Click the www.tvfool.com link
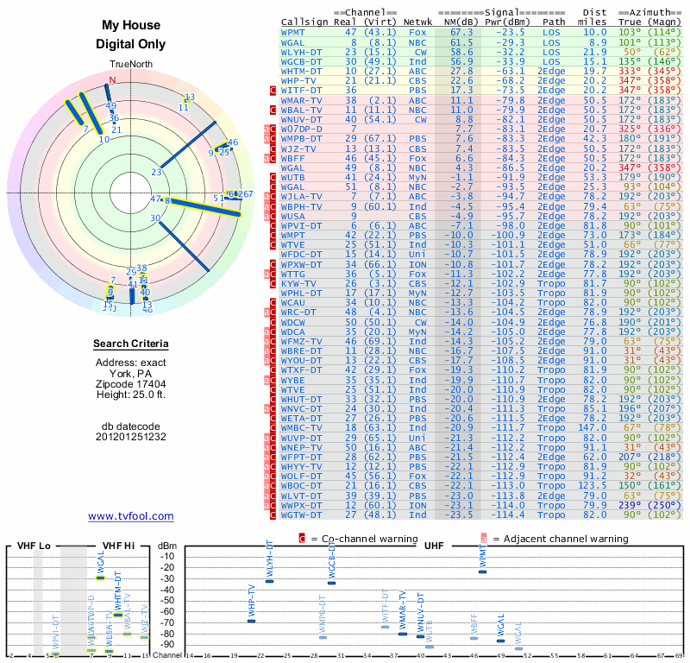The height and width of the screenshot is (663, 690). [130, 516]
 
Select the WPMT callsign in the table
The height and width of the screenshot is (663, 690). [293, 31]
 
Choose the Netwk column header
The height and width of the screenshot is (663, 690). [418, 22]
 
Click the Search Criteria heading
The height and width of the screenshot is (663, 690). [130, 344]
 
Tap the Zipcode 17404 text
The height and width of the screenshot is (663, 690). [130, 384]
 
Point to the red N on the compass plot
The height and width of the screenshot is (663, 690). [110, 81]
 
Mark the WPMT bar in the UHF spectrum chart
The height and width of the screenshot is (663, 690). [482, 571]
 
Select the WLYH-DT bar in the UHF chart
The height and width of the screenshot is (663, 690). [269, 581]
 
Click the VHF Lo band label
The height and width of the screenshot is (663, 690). [31, 546]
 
